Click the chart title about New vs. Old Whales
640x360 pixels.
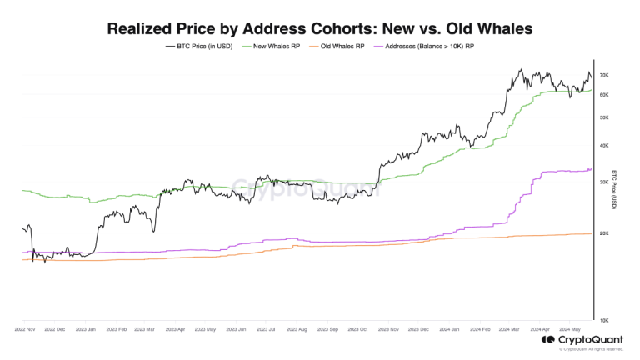pyautogui.click(x=320, y=28)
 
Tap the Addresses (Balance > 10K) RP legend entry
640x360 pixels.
pyautogui.click(x=425, y=47)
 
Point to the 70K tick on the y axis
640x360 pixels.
pyautogui.click(x=605, y=76)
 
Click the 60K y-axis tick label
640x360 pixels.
pyautogui.click(x=605, y=94)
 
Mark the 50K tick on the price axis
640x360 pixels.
pyautogui.click(x=605, y=117)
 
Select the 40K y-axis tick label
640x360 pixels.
pyautogui.click(x=605, y=146)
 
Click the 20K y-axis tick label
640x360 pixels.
pyautogui.click(x=605, y=233)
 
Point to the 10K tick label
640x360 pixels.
pyautogui.click(x=605, y=320)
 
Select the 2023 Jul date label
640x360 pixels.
pyautogui.click(x=265, y=329)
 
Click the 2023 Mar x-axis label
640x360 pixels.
pyautogui.click(x=144, y=329)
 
